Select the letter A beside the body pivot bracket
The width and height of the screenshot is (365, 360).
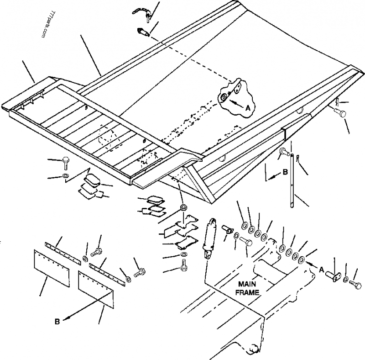pyautogui.click(x=248, y=108)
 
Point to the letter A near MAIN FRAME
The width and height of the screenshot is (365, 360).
pyautogui.click(x=321, y=270)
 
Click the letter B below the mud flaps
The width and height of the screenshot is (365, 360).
pyautogui.click(x=57, y=322)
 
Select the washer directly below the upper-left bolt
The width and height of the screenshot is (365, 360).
pyautogui.click(x=65, y=175)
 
